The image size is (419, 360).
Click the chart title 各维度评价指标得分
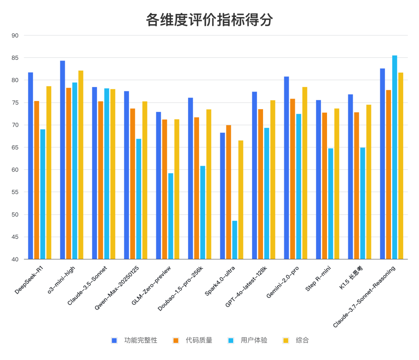point(209,20)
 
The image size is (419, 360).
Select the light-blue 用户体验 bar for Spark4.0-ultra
point(235,240)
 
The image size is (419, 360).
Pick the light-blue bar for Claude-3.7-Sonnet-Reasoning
point(395,157)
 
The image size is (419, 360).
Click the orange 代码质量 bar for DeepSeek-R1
point(36,180)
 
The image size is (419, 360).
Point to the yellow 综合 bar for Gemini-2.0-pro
point(305,173)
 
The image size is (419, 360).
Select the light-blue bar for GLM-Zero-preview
point(171,216)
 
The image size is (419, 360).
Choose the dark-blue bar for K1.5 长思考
point(350,177)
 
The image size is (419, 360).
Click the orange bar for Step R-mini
point(324,186)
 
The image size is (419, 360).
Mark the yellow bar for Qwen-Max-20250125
point(145,180)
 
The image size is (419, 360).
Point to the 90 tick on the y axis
point(15,35)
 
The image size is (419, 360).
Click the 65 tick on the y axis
point(15,148)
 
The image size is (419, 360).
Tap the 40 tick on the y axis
point(15,259)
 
